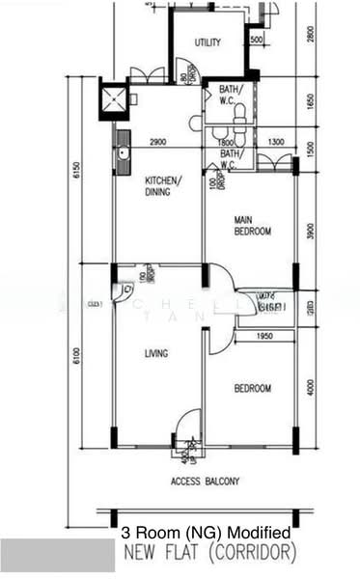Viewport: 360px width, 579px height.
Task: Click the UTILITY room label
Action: tap(207, 42)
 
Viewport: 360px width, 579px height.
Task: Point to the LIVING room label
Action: tap(155, 353)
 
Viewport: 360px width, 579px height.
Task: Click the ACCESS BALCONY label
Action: tap(206, 481)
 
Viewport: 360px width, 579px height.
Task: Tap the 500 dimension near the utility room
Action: tap(256, 40)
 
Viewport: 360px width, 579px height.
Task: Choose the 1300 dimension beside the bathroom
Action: tap(277, 143)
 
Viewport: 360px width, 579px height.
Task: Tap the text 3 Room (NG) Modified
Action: tap(205, 533)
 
